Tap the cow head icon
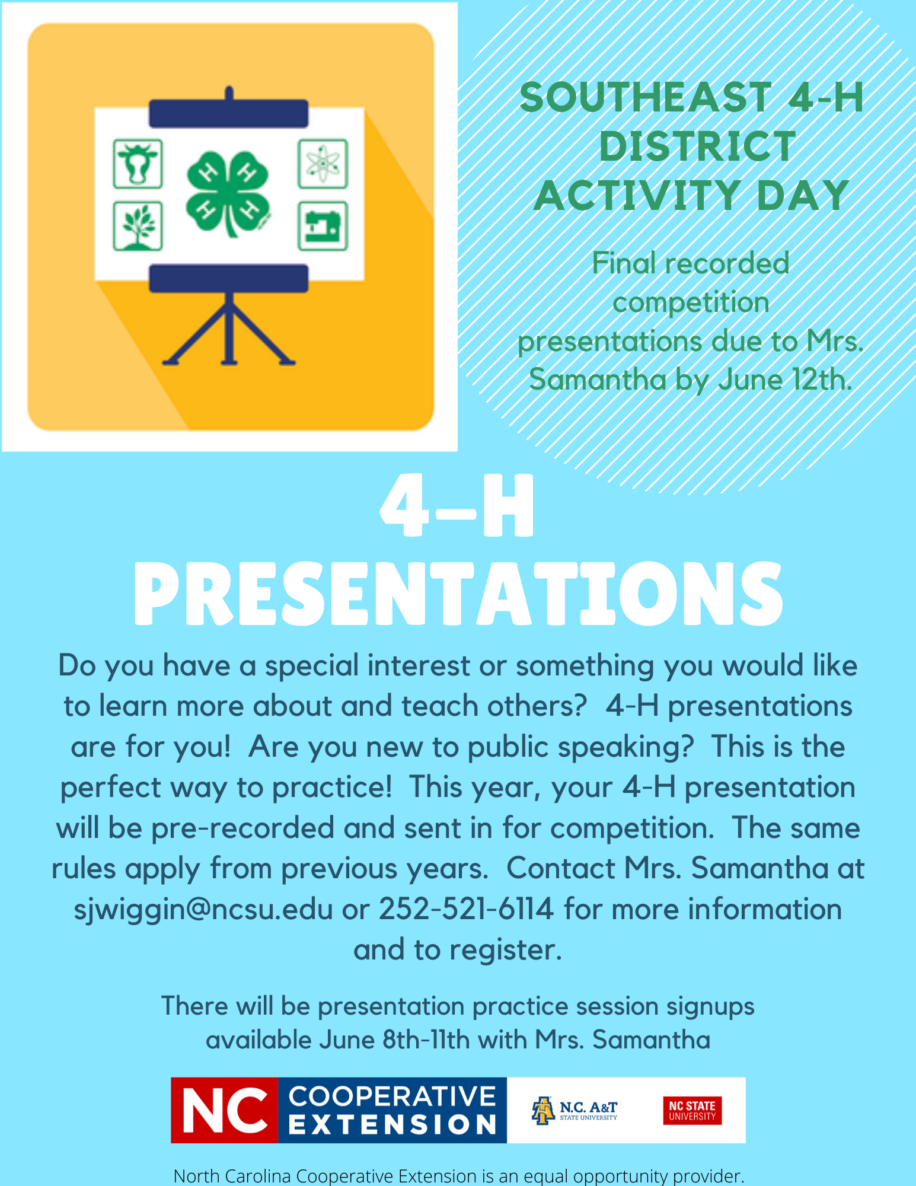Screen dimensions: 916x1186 point(138,164)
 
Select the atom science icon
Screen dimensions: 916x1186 point(323,164)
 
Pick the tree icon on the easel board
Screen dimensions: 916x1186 point(138,226)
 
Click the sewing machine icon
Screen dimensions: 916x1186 point(323,226)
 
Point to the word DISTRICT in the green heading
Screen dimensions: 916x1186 point(697,146)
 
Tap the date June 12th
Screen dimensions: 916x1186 point(786,380)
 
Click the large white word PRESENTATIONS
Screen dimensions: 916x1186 point(458,594)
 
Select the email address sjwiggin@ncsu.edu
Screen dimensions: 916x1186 point(203,909)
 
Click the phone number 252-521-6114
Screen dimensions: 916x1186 point(466,909)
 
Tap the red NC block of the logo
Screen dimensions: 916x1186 point(225,1110)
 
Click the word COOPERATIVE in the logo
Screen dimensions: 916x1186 point(392,1096)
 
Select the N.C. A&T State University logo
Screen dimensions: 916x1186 point(575,1110)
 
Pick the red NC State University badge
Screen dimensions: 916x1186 point(692,1110)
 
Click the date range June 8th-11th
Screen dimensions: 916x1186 point(394,1040)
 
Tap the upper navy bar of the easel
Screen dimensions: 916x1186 point(229,113)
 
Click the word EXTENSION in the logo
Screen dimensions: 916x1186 point(392,1124)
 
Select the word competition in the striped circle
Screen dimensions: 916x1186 point(691,303)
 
